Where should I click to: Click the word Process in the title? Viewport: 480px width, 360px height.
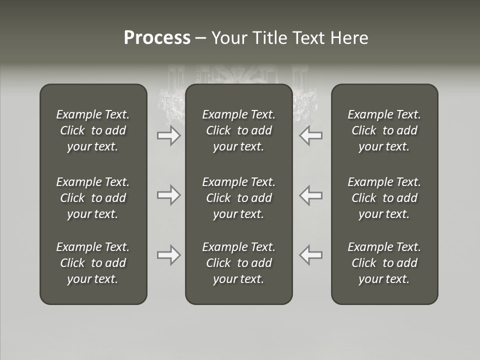tap(157, 38)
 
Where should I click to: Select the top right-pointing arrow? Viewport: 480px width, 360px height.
tap(169, 135)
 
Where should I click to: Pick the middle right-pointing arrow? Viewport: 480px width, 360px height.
tap(169, 195)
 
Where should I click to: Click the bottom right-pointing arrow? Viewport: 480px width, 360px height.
tap(169, 255)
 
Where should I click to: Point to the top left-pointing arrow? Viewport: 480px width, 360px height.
tap(311, 135)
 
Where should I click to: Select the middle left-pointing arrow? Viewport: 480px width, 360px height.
tap(311, 195)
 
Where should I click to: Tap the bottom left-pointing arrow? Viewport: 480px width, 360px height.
tap(311, 255)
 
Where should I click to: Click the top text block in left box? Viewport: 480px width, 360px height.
tap(93, 130)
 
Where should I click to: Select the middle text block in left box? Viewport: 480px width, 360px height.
tap(93, 198)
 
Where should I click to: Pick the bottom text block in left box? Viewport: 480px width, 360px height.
tap(93, 263)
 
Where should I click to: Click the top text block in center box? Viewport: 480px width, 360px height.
tap(239, 130)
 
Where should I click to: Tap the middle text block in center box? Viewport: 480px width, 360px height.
tap(239, 198)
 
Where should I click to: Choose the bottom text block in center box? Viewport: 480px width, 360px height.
tap(239, 263)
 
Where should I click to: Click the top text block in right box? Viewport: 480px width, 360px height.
tap(384, 130)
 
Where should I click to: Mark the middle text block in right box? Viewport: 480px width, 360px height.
tap(384, 198)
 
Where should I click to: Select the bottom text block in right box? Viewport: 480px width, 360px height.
tap(384, 263)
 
